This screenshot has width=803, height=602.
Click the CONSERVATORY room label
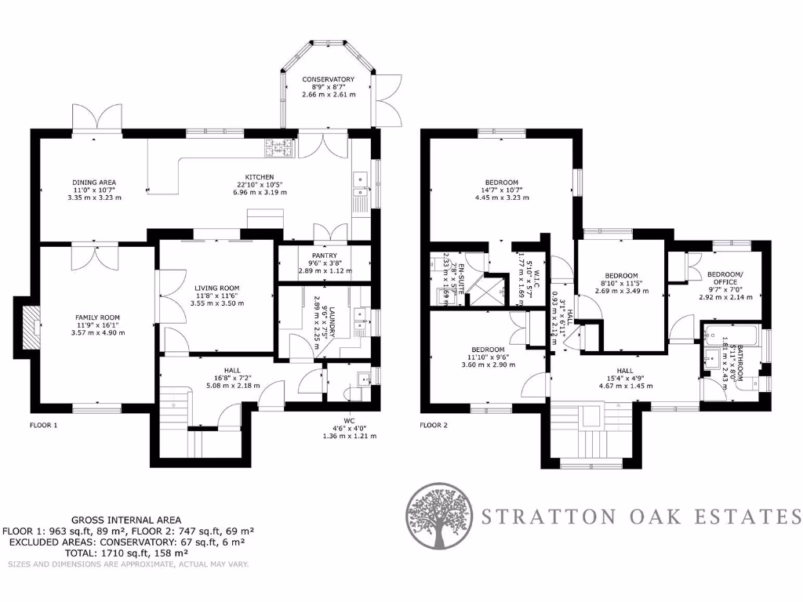pos(329,79)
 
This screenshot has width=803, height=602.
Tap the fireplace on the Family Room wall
pos(31,326)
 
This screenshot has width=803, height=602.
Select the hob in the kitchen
pos(278,146)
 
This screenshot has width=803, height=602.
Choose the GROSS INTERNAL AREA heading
pos(125,520)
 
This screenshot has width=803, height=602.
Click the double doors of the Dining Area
pos(97,119)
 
